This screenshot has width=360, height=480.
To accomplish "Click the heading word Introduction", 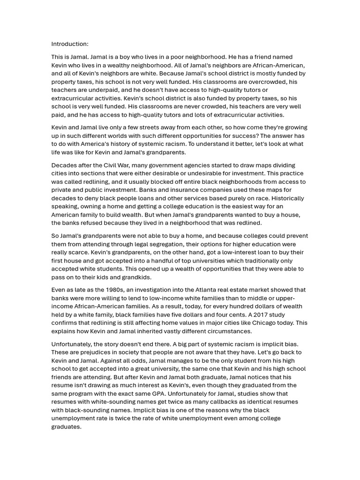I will click(x=69, y=44).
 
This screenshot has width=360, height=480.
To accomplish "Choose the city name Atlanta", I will click(x=213, y=290).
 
